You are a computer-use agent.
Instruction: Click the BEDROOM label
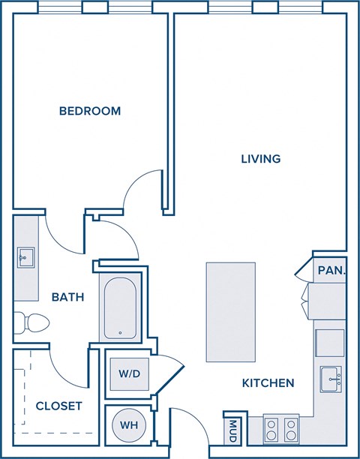[x=90, y=111]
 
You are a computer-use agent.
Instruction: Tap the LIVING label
[x=260, y=159]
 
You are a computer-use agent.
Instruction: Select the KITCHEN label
[x=268, y=383]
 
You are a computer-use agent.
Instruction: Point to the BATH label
[x=67, y=297]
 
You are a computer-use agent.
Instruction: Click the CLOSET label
[x=58, y=406]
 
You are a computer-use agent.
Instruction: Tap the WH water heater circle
[x=129, y=425]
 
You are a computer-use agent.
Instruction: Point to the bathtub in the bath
[x=120, y=310]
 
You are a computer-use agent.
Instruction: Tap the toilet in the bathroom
[x=34, y=322]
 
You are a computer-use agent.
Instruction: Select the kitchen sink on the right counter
[x=331, y=379]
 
